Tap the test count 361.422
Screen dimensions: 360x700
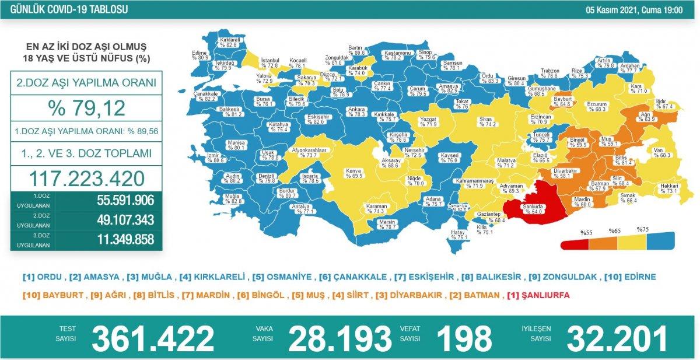pos(153,338)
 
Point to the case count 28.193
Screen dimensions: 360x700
pos(340,338)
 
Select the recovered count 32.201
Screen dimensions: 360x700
pos(617,338)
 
